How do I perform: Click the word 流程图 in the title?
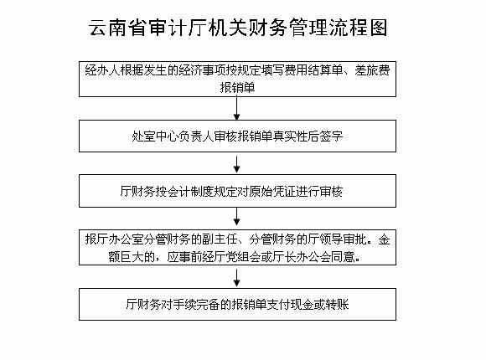tap(358, 28)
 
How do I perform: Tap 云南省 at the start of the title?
tap(118, 28)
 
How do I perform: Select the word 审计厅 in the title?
tap(178, 28)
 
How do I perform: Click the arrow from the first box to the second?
tap(237, 108)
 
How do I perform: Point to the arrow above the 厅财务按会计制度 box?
tap(237, 164)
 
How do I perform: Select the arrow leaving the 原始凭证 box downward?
tap(237, 217)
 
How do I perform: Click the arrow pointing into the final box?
tap(237, 278)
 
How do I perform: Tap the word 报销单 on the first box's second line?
tap(237, 88)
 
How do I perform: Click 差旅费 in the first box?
tap(372, 70)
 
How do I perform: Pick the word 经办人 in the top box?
tap(102, 70)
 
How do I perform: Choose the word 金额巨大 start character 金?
tap(384, 239)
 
